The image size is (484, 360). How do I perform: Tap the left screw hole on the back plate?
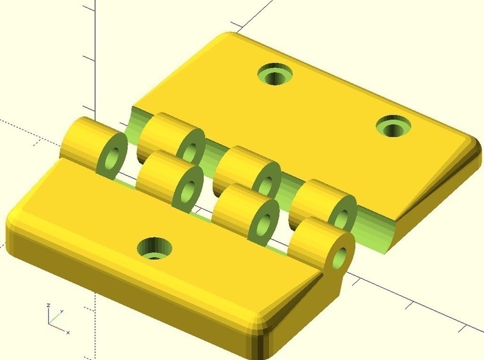coord(275,75)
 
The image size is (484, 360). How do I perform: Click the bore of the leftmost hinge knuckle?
coord(113,155)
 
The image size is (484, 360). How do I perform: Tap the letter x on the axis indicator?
coord(68,333)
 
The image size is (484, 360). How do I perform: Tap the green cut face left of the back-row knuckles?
coord(136,122)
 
